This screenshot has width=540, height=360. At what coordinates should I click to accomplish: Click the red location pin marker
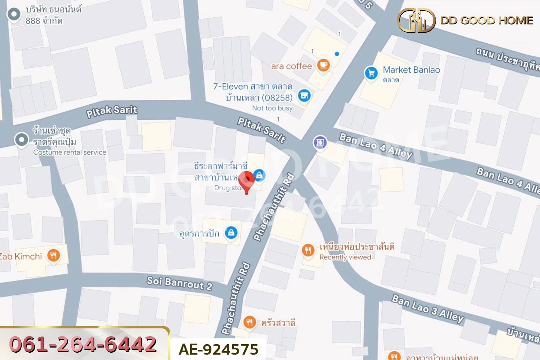coord(247,180)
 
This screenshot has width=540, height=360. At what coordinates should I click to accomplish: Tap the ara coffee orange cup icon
coord(323,65)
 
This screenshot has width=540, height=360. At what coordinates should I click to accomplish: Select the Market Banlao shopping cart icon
coord(371,73)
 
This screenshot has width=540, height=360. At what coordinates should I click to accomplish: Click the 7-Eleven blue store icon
coord(304,96)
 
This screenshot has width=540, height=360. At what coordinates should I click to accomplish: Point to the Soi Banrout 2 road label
coord(180,283)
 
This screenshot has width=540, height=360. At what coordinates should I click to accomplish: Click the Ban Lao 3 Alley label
coord(428,309)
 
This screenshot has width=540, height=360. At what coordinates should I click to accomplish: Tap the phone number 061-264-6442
coord(83,344)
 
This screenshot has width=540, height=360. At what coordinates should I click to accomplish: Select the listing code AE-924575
coord(218,349)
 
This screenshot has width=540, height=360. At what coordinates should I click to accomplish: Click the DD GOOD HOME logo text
coord(487,20)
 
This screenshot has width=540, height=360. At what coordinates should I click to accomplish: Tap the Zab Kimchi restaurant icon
coord(53,256)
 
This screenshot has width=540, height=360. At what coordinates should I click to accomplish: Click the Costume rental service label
coord(70,152)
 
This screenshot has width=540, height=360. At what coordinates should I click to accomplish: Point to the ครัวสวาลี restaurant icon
coord(249,322)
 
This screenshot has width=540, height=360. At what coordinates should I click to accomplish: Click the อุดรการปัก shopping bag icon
coord(231,232)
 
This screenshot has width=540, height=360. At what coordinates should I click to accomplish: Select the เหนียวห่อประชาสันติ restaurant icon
coord(308,250)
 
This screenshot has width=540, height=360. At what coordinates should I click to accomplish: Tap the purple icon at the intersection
coord(320,142)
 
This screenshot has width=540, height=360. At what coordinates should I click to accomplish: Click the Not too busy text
coord(272,108)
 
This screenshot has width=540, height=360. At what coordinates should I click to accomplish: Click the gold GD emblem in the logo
coord(416,21)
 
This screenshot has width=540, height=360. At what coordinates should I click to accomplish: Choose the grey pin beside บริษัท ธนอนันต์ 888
coord(14,14)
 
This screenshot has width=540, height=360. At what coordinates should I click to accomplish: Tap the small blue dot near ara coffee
coord(337,54)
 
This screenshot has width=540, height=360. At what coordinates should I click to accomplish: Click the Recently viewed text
coord(345,257)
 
